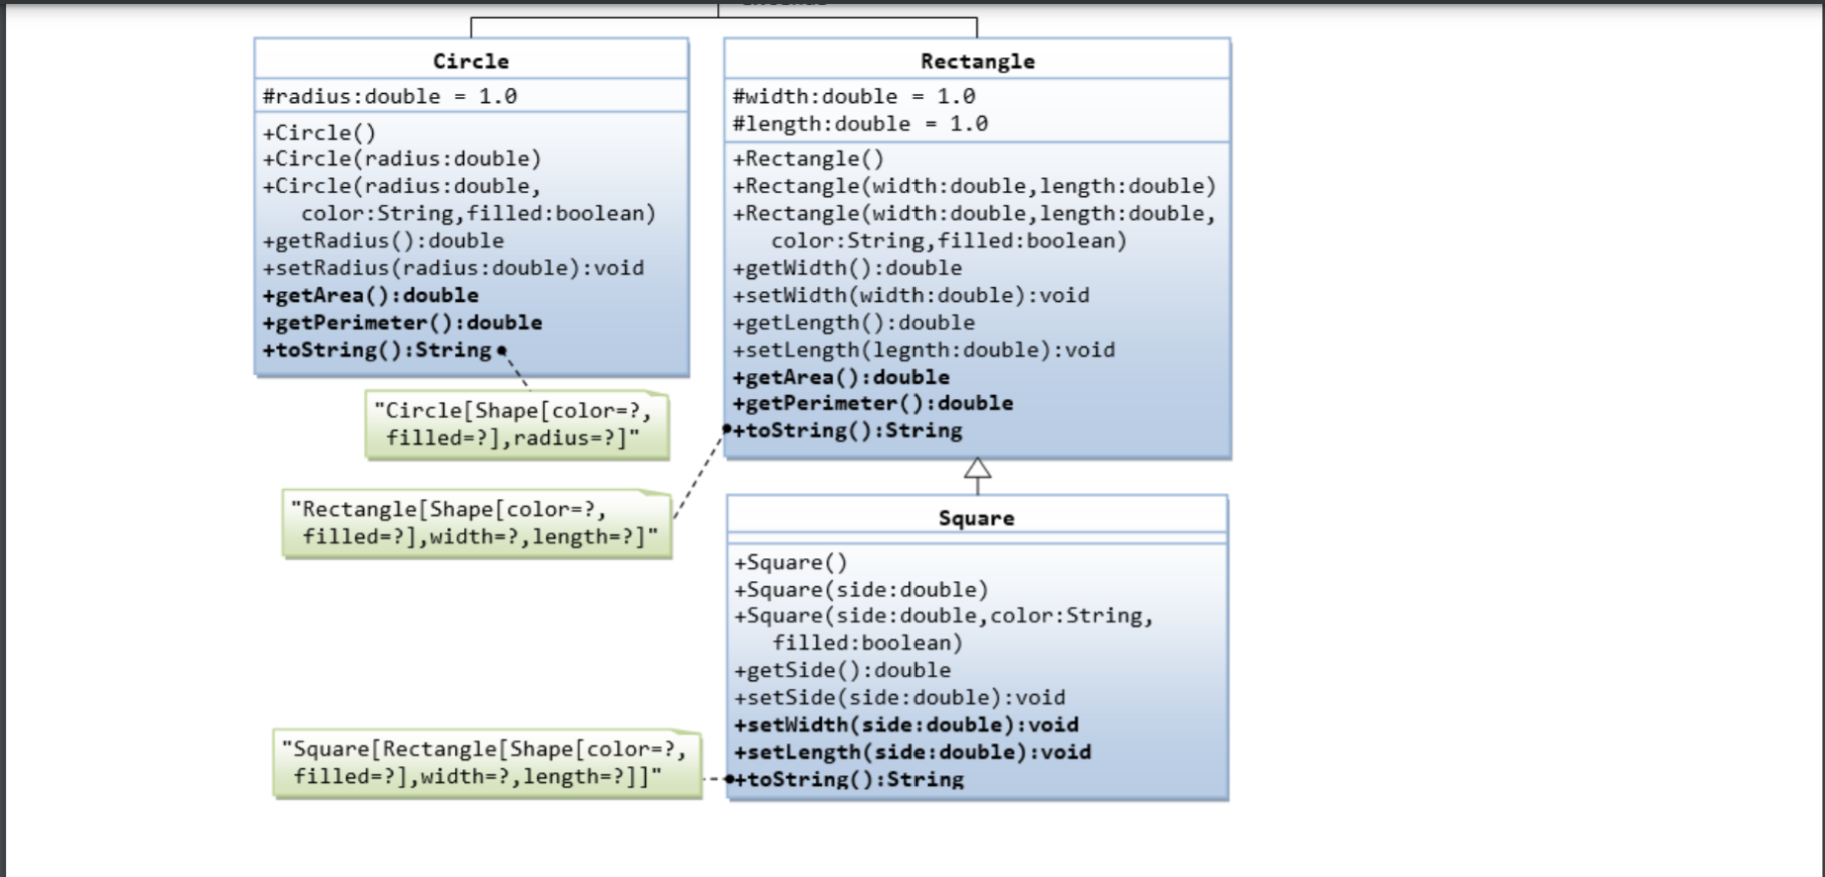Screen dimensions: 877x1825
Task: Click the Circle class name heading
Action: (471, 61)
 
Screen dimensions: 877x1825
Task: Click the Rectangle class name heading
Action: (977, 61)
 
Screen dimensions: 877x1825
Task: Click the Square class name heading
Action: (976, 518)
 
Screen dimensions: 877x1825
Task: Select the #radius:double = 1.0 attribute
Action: (390, 96)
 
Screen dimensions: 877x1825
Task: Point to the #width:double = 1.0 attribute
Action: (854, 96)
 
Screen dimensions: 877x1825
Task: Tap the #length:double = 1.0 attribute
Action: (860, 124)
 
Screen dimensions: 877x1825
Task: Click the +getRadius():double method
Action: (383, 241)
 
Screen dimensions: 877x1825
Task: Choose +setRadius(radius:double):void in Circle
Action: (453, 268)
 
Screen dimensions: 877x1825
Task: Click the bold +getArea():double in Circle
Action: (370, 295)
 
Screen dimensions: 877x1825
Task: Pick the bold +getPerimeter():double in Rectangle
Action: (872, 403)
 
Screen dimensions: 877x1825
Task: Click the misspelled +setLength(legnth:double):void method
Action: (923, 349)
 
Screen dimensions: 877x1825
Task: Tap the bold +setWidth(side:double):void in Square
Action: (905, 725)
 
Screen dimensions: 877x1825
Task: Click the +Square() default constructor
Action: (790, 562)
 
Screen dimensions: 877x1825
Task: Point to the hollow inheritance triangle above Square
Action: (977, 469)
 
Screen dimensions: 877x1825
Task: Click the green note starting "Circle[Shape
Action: (516, 425)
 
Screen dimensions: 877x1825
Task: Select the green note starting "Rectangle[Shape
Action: (477, 523)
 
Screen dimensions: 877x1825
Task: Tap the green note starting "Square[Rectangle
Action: (486, 763)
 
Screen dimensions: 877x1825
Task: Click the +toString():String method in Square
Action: (848, 779)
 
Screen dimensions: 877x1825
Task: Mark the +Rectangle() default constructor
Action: (808, 158)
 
